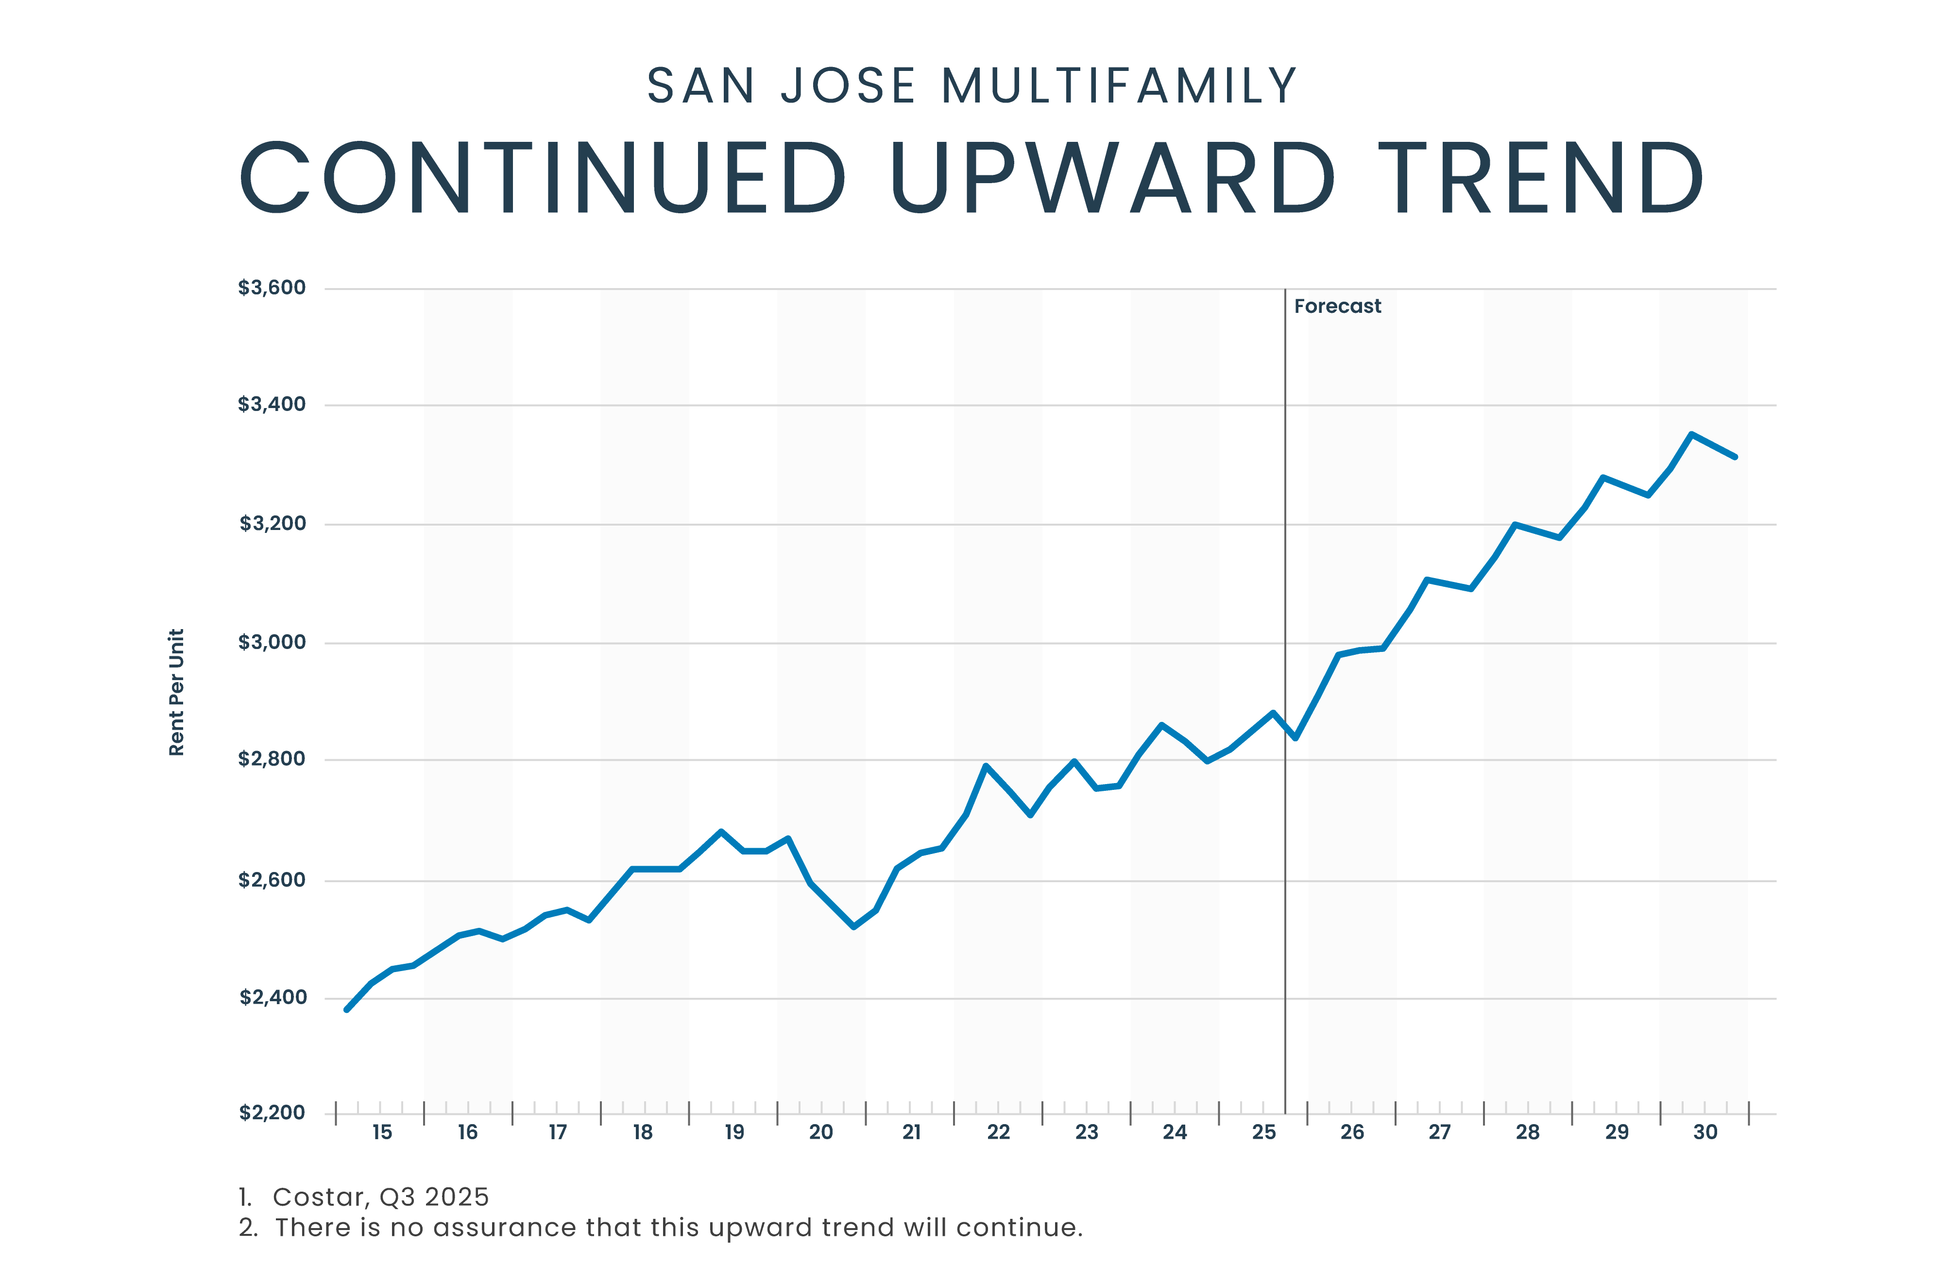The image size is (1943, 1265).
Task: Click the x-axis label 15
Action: click(x=382, y=1132)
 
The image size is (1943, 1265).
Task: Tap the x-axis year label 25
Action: click(x=1264, y=1132)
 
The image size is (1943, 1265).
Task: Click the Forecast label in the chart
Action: click(x=1337, y=306)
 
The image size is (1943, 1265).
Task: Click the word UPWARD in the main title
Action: click(x=1113, y=178)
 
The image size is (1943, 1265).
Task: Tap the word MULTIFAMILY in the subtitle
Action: click(x=1119, y=86)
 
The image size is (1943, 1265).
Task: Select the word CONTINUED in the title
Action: click(x=543, y=178)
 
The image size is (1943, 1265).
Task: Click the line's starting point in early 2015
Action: click(x=347, y=1009)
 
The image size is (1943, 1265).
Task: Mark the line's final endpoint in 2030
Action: click(x=1735, y=457)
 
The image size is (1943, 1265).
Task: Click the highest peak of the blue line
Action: click(x=1691, y=434)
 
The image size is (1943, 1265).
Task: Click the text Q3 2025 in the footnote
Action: click(x=434, y=1197)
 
